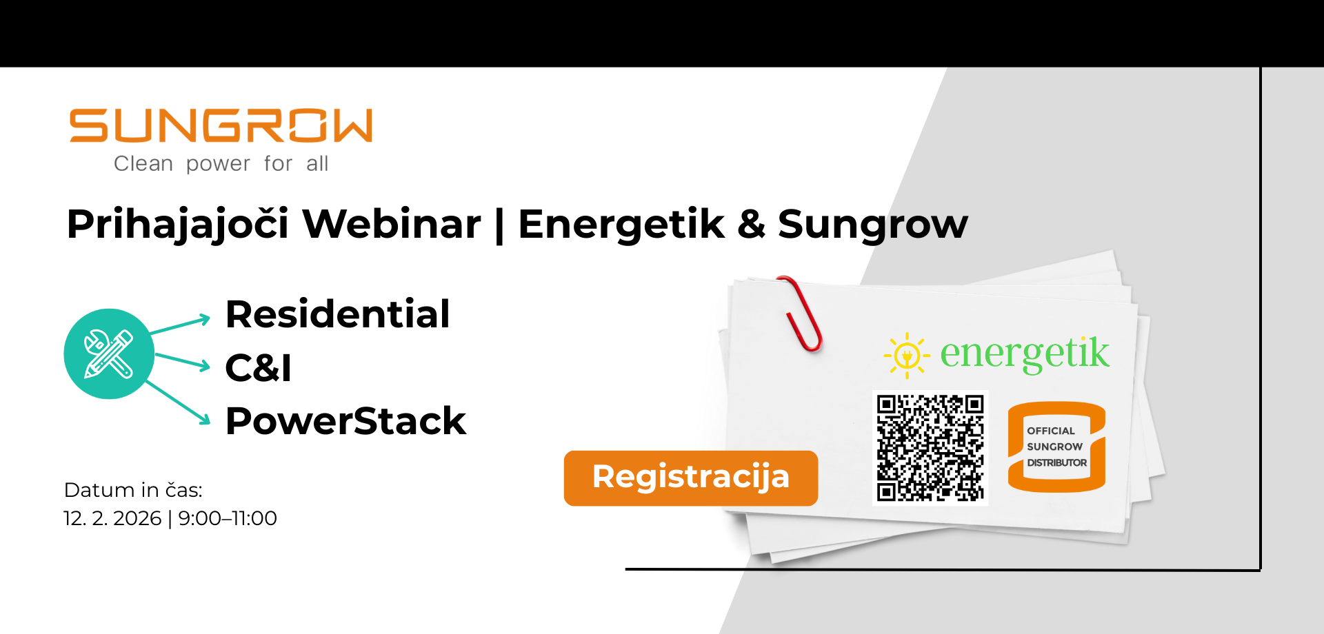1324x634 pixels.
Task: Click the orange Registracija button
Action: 691,478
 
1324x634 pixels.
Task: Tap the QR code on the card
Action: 930,448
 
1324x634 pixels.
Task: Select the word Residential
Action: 338,314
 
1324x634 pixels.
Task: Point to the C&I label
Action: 259,368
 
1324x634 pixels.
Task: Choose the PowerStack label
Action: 346,421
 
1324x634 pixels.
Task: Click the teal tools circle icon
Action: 109,354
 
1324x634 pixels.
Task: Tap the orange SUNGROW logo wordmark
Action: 221,125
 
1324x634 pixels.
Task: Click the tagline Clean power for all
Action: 221,164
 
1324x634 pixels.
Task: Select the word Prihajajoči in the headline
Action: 178,225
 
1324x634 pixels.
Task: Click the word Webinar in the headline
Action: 392,224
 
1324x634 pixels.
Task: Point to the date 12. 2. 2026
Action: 112,518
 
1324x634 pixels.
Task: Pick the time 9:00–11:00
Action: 228,518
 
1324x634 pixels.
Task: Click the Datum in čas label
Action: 133,490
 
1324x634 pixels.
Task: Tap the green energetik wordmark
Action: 1025,354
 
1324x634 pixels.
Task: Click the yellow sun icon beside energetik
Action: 907,356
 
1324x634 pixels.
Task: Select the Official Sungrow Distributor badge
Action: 1056,447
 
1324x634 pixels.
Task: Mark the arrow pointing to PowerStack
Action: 178,402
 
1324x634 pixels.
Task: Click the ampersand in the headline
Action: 751,225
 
